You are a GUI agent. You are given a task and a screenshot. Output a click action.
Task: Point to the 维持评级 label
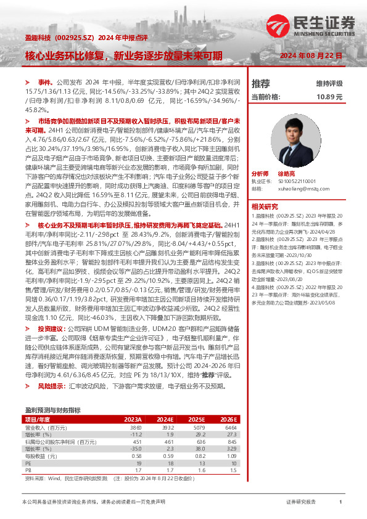pos(329,83)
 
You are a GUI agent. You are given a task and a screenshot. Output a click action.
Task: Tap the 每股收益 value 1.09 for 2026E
pos(230,456)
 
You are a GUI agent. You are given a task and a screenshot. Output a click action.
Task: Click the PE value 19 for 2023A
pos(138,463)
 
